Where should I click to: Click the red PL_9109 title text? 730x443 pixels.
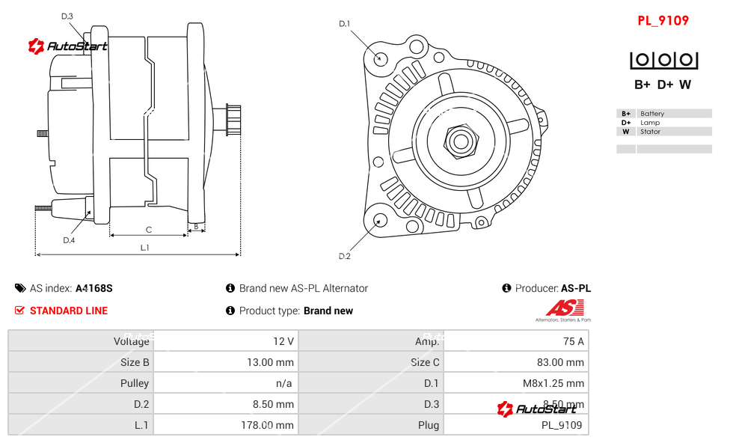click(663, 21)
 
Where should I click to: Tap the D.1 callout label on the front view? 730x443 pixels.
click(344, 24)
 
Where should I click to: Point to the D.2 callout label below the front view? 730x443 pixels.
click(344, 257)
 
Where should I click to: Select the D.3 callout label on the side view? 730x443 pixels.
click(67, 16)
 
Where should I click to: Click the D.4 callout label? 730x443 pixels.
click(69, 240)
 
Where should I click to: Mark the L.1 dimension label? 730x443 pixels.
click(145, 248)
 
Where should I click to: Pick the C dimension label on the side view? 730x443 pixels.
click(149, 230)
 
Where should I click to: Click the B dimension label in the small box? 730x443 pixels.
click(196, 226)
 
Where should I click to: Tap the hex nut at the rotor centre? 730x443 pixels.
click(461, 140)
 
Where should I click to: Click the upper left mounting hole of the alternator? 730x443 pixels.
click(381, 58)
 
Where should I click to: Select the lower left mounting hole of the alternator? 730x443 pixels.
click(380, 220)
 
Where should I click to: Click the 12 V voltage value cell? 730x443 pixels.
click(283, 341)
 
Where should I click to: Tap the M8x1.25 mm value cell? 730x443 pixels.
click(553, 383)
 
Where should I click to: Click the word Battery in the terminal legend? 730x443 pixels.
click(652, 114)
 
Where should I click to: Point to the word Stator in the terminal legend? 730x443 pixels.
click(650, 132)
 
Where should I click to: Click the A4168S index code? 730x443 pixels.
click(94, 288)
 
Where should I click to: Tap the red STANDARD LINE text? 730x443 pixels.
click(69, 311)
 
